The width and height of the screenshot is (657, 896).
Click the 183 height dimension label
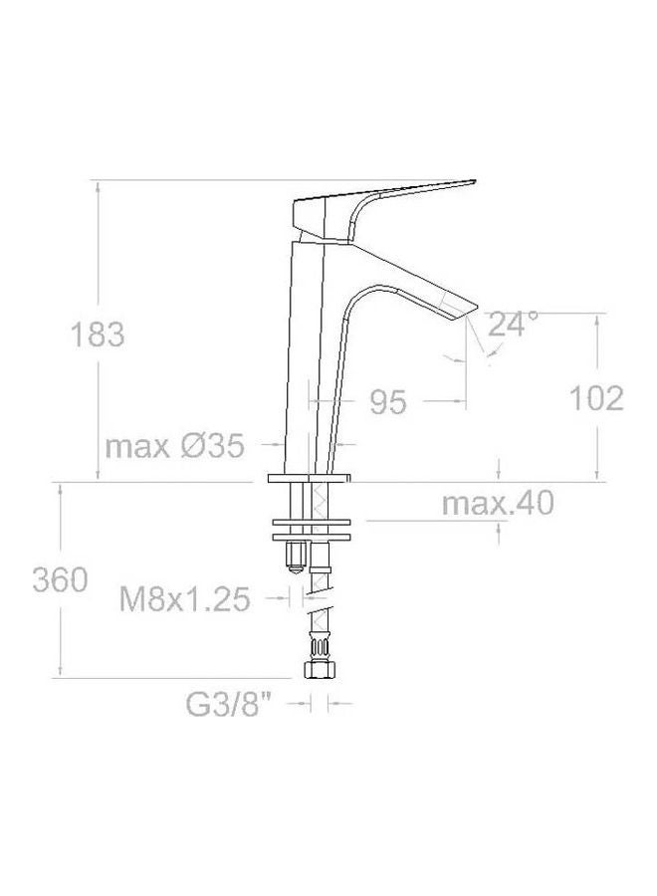pyautogui.click(x=97, y=336)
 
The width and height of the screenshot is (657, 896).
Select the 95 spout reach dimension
pyautogui.click(x=388, y=402)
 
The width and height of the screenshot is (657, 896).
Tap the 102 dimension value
pyautogui.click(x=596, y=398)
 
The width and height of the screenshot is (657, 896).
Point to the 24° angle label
pyautogui.click(x=514, y=324)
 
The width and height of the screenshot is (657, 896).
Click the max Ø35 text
pyautogui.click(x=174, y=447)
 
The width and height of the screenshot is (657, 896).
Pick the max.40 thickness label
pyautogui.click(x=497, y=505)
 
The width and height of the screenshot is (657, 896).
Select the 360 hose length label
pyautogui.click(x=60, y=579)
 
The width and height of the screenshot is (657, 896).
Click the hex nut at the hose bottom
pyautogui.click(x=319, y=673)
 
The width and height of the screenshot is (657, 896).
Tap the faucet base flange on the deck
pyautogui.click(x=310, y=480)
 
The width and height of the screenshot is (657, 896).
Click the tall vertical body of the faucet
pyautogui.click(x=311, y=358)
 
